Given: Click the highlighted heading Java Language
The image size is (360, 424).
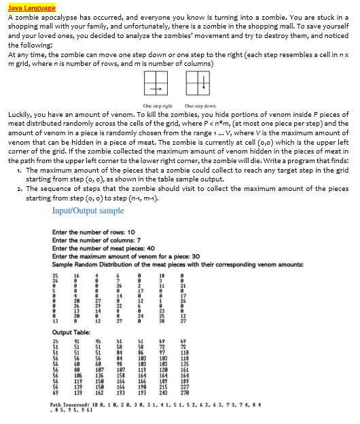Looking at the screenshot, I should tap(26, 6).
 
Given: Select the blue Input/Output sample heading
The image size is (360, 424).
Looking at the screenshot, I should tap(88, 211).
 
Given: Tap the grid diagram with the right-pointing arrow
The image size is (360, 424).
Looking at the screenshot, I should tap(155, 85).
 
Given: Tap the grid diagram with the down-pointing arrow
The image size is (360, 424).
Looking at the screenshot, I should tap(194, 85).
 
